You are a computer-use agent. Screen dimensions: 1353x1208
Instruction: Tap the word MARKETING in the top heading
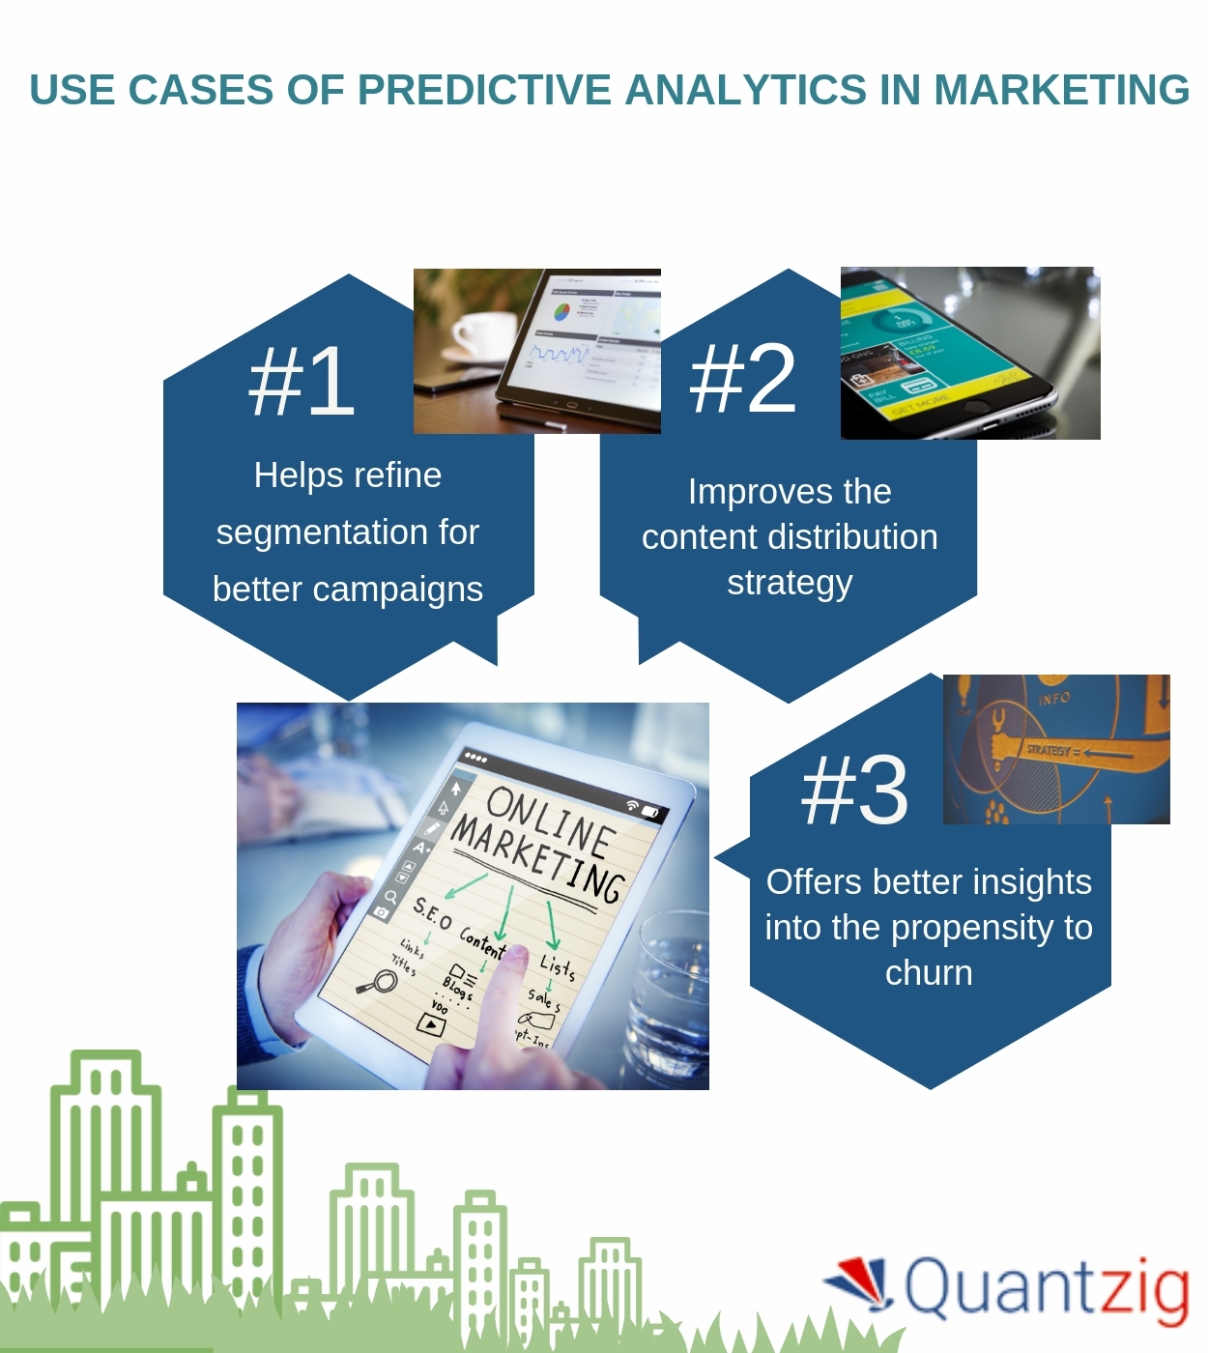tap(1061, 90)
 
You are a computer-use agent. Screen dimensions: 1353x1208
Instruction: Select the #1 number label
tap(302, 382)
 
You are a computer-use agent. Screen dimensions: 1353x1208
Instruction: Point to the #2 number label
tap(742, 379)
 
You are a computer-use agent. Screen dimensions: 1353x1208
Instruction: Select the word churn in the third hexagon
tap(929, 973)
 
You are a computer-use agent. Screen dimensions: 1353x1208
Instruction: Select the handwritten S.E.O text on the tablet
tap(432, 913)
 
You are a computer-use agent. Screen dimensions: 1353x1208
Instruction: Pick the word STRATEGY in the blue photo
tap(1048, 750)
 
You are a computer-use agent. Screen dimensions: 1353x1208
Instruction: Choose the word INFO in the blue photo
tap(1054, 698)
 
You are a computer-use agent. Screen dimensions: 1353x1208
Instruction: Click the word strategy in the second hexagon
tap(790, 584)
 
